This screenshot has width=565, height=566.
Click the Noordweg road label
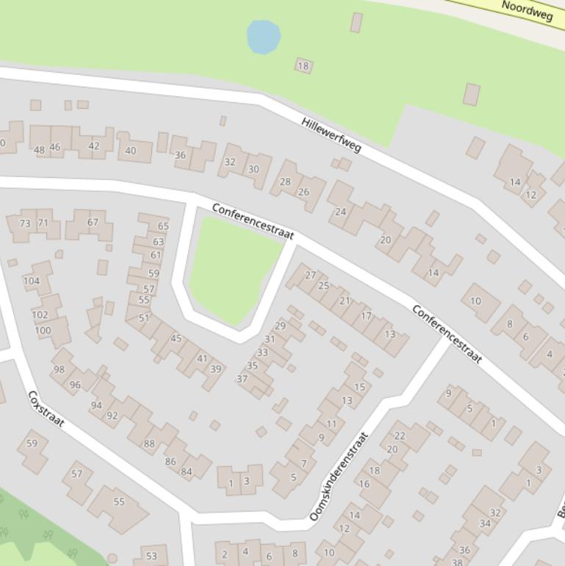(526, 10)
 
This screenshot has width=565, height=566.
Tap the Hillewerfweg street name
(331, 135)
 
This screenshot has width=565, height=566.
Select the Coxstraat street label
(46, 409)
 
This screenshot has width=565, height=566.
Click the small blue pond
(263, 37)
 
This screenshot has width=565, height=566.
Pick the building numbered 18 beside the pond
(303, 66)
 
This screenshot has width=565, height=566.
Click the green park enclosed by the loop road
(234, 268)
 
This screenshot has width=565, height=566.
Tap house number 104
(32, 281)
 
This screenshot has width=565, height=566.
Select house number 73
(25, 223)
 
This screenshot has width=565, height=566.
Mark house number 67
(93, 222)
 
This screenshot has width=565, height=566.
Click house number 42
(93, 146)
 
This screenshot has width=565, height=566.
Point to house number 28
(285, 182)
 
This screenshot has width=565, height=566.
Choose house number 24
(340, 212)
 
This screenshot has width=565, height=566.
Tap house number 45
(176, 338)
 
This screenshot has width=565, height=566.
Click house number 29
(280, 326)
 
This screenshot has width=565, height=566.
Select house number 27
(310, 275)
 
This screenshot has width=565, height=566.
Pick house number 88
(149, 443)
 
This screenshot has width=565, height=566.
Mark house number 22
(400, 436)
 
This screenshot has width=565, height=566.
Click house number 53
(152, 556)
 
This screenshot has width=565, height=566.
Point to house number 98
(59, 370)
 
